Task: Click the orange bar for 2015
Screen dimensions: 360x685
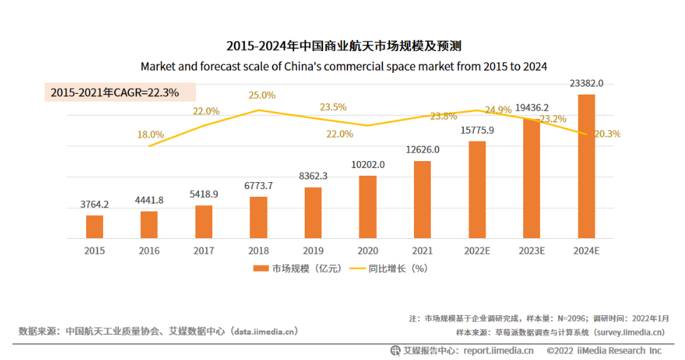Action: [x=95, y=226]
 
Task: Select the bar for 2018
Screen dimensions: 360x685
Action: [x=258, y=217]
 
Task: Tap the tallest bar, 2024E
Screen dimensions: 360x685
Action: [x=586, y=166]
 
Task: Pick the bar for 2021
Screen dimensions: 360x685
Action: [x=422, y=200]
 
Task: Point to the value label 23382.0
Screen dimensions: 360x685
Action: [x=586, y=83]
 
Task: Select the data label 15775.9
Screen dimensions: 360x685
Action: [x=477, y=130]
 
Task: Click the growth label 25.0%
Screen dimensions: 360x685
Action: [x=261, y=95]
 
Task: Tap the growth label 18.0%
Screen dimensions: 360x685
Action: [x=151, y=134]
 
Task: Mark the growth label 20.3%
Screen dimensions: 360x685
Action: [x=607, y=134]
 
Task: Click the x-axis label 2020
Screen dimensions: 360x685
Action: [x=368, y=250]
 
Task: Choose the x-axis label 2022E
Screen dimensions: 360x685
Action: [x=477, y=250]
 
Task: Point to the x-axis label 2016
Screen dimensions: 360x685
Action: [x=149, y=250]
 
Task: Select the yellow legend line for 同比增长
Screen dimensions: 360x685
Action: [x=357, y=268]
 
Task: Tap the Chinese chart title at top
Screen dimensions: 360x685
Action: [x=343, y=47]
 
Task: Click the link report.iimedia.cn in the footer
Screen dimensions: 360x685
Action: [x=498, y=350]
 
